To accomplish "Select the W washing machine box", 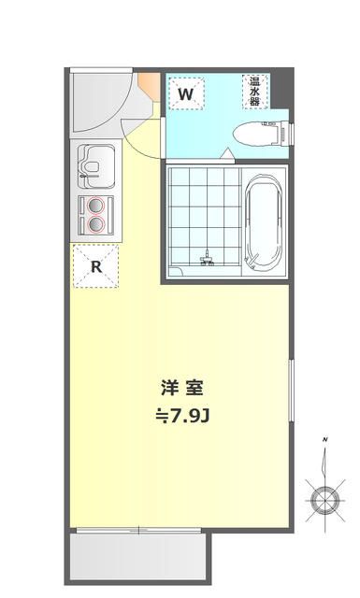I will tap(186, 93).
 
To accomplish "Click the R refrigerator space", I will tap(95, 265).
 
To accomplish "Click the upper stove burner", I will tap(94, 206).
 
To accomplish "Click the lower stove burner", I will tap(94, 223).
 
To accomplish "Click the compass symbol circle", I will tap(324, 501).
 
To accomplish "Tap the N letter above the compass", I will tap(324, 438).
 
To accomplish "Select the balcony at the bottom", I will tap(140, 558).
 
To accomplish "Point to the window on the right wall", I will tap(291, 393).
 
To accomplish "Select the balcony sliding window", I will tap(140, 531).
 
